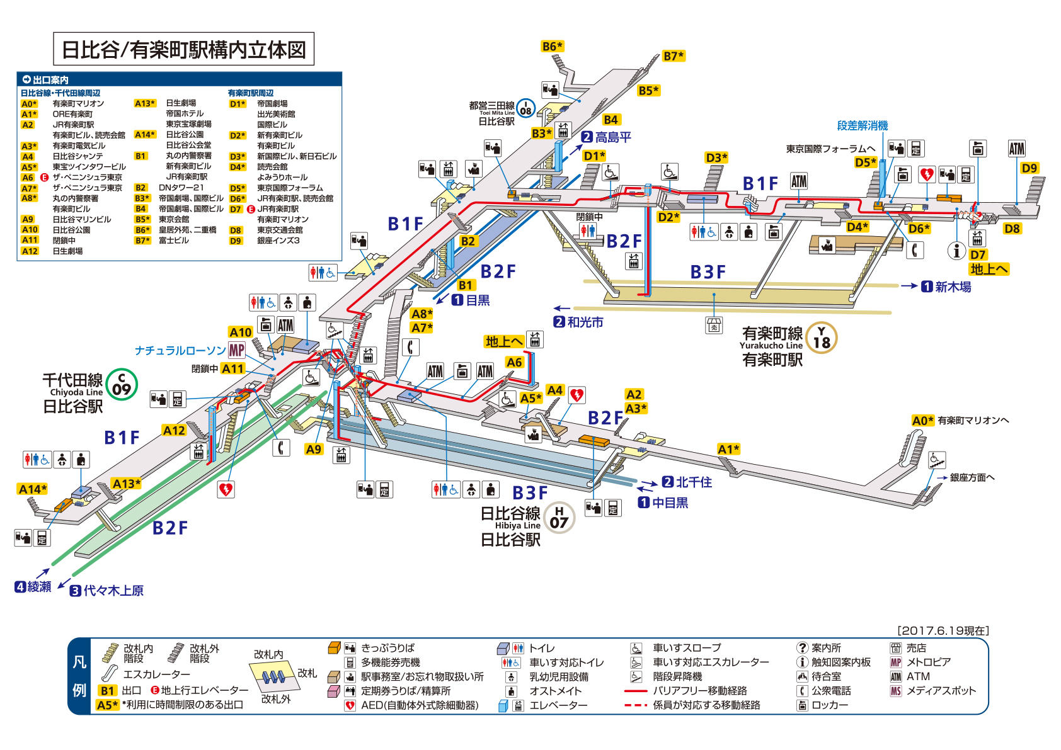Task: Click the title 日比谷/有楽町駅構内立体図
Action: pyautogui.click(x=184, y=49)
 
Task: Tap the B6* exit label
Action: pyautogui.click(x=553, y=47)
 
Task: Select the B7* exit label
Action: pyautogui.click(x=674, y=56)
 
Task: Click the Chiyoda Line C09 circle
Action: pyautogui.click(x=122, y=385)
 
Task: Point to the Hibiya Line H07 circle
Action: pyautogui.click(x=559, y=518)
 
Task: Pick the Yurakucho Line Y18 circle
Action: pyautogui.click(x=822, y=338)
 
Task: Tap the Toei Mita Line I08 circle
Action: pyautogui.click(x=525, y=108)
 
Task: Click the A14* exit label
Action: pyautogui.click(x=33, y=489)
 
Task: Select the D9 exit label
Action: pyautogui.click(x=1029, y=168)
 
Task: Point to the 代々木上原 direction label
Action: pyautogui.click(x=113, y=591)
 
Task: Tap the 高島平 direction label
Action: pyautogui.click(x=613, y=137)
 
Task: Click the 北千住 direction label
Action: pyautogui.click(x=694, y=482)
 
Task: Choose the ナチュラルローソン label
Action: pyautogui.click(x=180, y=350)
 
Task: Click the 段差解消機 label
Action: pyautogui.click(x=862, y=125)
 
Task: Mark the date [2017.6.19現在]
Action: pyautogui.click(x=943, y=631)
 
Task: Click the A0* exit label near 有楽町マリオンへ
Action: pyautogui.click(x=922, y=421)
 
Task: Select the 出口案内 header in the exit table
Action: pyautogui.click(x=50, y=80)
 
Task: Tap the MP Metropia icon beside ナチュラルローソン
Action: pyautogui.click(x=236, y=350)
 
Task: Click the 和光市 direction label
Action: pyautogui.click(x=585, y=322)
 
